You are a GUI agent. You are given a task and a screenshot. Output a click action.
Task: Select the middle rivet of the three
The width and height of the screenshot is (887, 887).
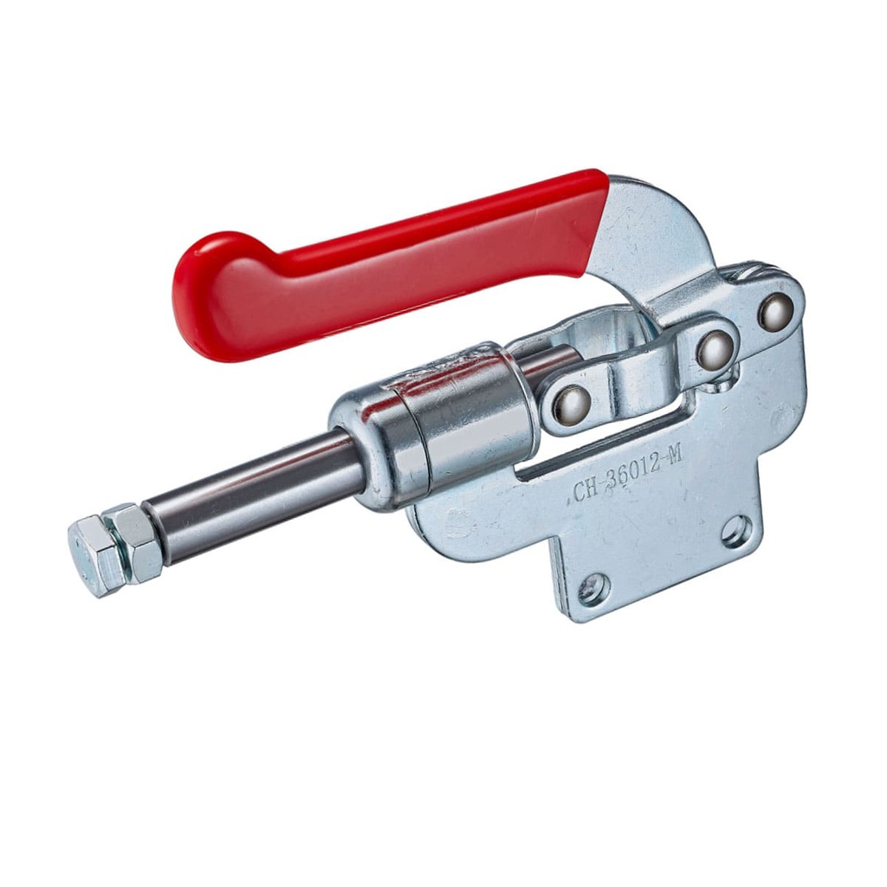click(716, 349)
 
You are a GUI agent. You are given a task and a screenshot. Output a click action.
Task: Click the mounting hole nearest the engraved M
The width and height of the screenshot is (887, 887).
click(737, 530)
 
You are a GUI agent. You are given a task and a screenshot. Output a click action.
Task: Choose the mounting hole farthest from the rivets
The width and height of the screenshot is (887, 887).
click(594, 589)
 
